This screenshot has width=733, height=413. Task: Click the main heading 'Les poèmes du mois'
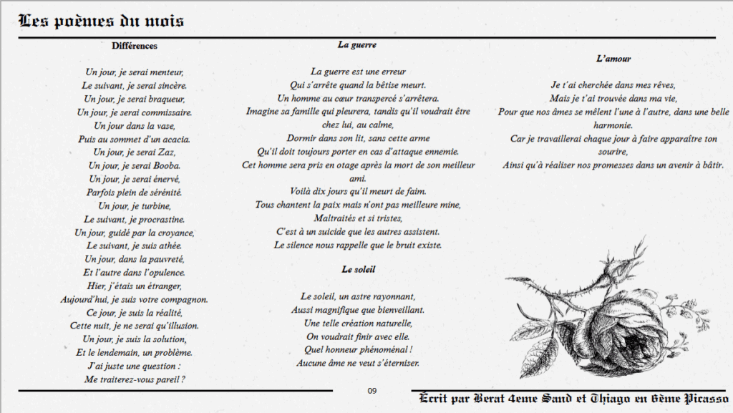[101, 21]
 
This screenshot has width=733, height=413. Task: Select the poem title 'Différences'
[135, 46]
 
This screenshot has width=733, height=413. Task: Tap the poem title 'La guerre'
[357, 44]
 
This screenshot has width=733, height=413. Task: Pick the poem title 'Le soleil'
[358, 269]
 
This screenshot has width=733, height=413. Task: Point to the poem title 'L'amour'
[613, 59]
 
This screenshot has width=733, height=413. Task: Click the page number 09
[372, 390]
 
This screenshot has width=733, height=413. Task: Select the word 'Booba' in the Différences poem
[165, 165]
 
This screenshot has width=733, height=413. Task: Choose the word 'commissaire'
[165, 112]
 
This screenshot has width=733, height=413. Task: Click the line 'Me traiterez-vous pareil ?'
[135, 379]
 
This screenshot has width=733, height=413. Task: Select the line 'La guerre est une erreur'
[358, 72]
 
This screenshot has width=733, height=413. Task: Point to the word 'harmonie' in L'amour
[613, 125]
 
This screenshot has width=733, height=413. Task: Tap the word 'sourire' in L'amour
[613, 152]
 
